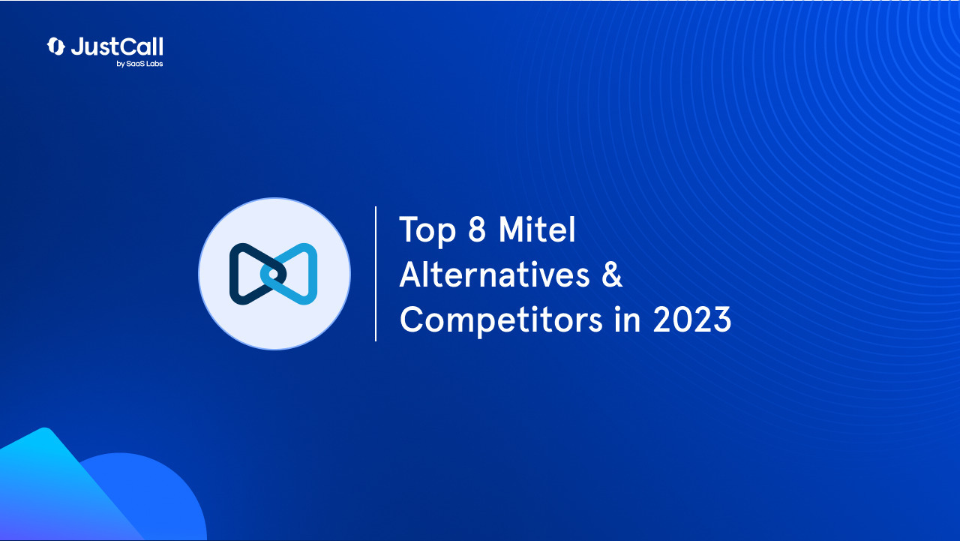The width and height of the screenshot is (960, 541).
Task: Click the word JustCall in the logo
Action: point(117,47)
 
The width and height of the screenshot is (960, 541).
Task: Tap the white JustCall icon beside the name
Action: point(56,47)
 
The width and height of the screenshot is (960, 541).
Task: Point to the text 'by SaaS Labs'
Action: point(139,64)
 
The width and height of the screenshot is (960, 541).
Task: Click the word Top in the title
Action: point(427,230)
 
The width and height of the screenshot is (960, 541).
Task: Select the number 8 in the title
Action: point(478,229)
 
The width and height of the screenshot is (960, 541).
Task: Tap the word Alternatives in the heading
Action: point(494,275)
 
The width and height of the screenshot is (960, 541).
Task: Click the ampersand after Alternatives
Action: point(612,275)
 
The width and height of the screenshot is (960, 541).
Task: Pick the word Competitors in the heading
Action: point(501,320)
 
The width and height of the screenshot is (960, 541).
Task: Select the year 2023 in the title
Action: point(692,320)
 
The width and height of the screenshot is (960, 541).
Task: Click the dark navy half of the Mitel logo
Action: point(241,274)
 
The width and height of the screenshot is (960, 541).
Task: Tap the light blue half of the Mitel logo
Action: point(305,274)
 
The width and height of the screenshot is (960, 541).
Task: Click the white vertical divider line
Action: point(376,274)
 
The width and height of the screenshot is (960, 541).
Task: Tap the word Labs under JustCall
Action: point(154,64)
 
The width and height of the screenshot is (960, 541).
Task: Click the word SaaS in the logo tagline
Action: point(136,64)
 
